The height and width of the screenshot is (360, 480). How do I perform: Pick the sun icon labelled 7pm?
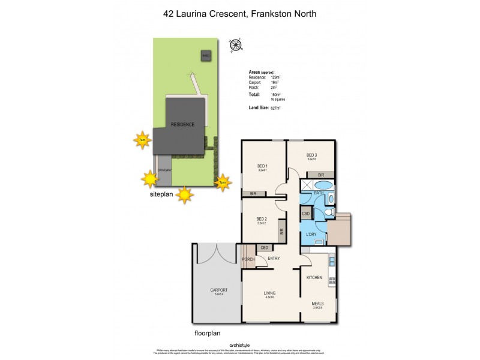(x=222, y=182)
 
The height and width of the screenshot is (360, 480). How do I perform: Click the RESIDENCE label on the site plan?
(x=182, y=124)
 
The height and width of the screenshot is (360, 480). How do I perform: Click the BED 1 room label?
(x=262, y=166)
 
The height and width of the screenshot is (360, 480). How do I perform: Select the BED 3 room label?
(x=311, y=156)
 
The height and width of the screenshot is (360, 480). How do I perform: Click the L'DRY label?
(x=311, y=233)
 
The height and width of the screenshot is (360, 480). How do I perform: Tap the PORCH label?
(x=248, y=259)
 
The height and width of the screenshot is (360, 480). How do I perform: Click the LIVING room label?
(x=269, y=293)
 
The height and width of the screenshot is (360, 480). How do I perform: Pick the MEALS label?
(x=317, y=304)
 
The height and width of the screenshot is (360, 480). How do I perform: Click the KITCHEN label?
(x=314, y=277)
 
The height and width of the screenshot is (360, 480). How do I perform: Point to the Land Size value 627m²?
(x=275, y=107)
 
